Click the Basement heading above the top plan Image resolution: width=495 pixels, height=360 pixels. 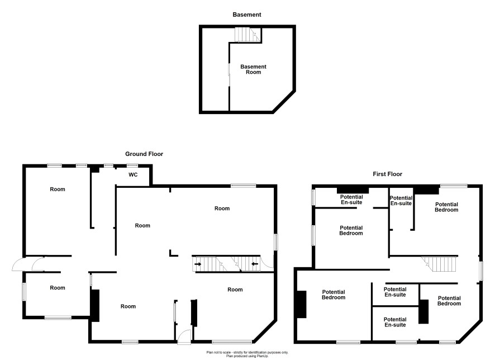click(x=247, y=15)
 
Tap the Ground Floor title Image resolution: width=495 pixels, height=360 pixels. click(x=144, y=154)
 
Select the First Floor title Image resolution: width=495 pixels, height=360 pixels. click(x=387, y=174)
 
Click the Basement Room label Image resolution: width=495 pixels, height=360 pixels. click(x=254, y=69)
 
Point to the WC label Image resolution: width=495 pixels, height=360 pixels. click(x=133, y=174)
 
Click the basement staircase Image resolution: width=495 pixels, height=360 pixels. click(x=248, y=35)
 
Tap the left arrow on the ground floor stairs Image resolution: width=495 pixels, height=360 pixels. click(x=198, y=264)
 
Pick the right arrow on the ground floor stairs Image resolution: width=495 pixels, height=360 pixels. click(x=255, y=264)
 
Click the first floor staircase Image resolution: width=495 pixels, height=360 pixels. click(x=440, y=264)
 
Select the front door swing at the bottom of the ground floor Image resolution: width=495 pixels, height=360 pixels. click(x=184, y=337)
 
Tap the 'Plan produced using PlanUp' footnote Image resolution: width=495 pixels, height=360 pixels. click(x=247, y=356)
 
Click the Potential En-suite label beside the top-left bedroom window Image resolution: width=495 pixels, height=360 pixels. click(x=351, y=200)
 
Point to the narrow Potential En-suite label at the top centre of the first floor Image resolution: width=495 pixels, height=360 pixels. click(x=401, y=201)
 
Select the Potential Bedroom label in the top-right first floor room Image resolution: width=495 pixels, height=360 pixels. click(x=446, y=207)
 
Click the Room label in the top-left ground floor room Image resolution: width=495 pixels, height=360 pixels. click(x=58, y=190)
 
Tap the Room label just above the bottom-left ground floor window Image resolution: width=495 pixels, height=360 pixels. click(x=58, y=288)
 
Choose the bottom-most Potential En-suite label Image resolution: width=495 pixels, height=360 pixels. click(x=395, y=322)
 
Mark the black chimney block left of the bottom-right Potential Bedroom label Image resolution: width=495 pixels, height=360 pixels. click(x=423, y=311)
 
